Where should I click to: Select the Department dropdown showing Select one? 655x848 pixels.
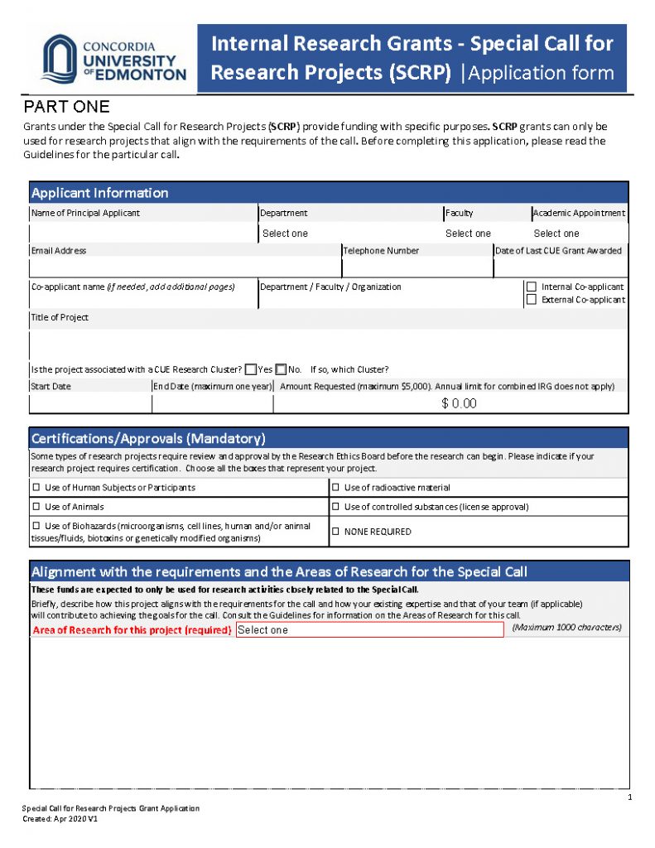[285, 234]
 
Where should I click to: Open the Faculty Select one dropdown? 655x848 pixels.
[468, 234]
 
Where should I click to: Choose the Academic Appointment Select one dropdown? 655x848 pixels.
[556, 234]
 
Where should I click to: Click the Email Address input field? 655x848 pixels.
[185, 268]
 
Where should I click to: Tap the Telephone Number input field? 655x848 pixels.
[417, 268]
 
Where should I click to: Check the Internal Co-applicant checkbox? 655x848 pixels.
[532, 287]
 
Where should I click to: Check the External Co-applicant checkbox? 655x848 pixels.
[532, 300]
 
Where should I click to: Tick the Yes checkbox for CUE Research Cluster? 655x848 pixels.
[251, 369]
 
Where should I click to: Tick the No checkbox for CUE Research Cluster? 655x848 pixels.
[281, 369]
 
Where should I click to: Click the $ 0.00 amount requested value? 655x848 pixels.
[459, 403]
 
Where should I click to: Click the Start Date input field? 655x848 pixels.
[90, 403]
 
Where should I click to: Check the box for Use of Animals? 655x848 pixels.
[36, 507]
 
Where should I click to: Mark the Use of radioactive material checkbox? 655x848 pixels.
[335, 488]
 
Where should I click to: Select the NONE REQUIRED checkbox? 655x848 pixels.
[335, 532]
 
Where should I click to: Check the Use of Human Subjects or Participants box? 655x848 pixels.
[36, 488]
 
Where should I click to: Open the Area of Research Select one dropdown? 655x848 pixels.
[369, 629]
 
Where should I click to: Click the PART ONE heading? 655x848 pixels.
[66, 107]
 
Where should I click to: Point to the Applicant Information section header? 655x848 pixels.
[99, 193]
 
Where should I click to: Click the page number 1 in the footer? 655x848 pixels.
[629, 797]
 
